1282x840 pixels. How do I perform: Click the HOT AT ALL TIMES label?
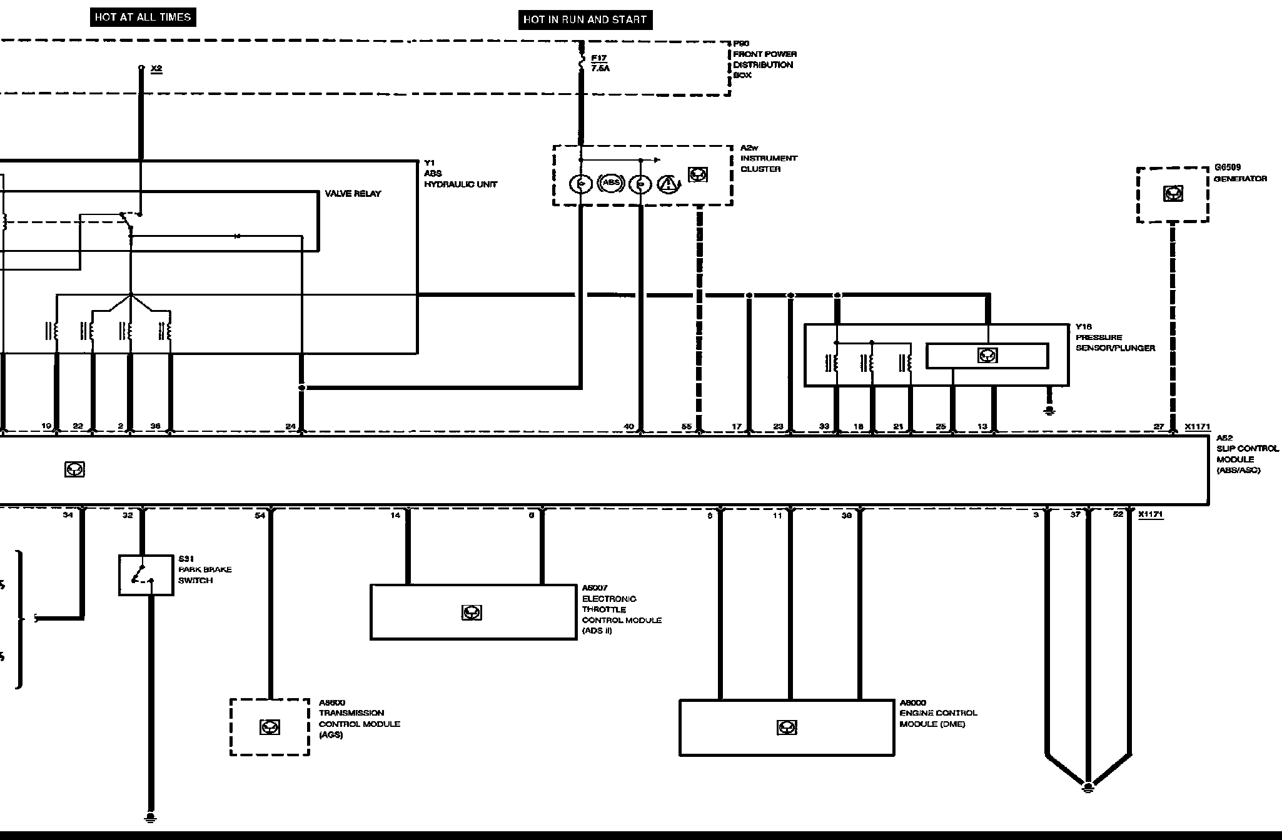point(143,17)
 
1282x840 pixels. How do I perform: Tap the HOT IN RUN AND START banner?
point(585,19)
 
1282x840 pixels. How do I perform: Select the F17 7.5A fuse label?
point(600,63)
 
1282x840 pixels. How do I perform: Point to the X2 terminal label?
point(156,68)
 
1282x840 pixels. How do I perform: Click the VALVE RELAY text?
point(353,194)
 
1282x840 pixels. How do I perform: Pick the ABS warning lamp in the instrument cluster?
point(611,183)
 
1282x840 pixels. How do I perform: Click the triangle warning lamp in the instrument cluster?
point(669,184)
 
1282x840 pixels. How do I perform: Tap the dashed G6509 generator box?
point(1173,194)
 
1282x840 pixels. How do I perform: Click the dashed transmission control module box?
point(270,727)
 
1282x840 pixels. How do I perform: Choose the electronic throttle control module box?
point(473,612)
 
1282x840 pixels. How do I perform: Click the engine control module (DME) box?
point(786,727)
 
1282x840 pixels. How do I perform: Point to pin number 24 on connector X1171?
point(291,426)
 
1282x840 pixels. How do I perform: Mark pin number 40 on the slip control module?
point(628,426)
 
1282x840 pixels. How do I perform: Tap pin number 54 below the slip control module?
point(260,516)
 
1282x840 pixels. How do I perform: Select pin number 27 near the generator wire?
point(1159,426)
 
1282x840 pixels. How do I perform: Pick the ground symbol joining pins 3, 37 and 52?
point(1088,787)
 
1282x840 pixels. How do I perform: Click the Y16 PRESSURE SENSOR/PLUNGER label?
point(1115,337)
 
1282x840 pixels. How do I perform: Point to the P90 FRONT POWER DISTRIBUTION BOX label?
point(764,59)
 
